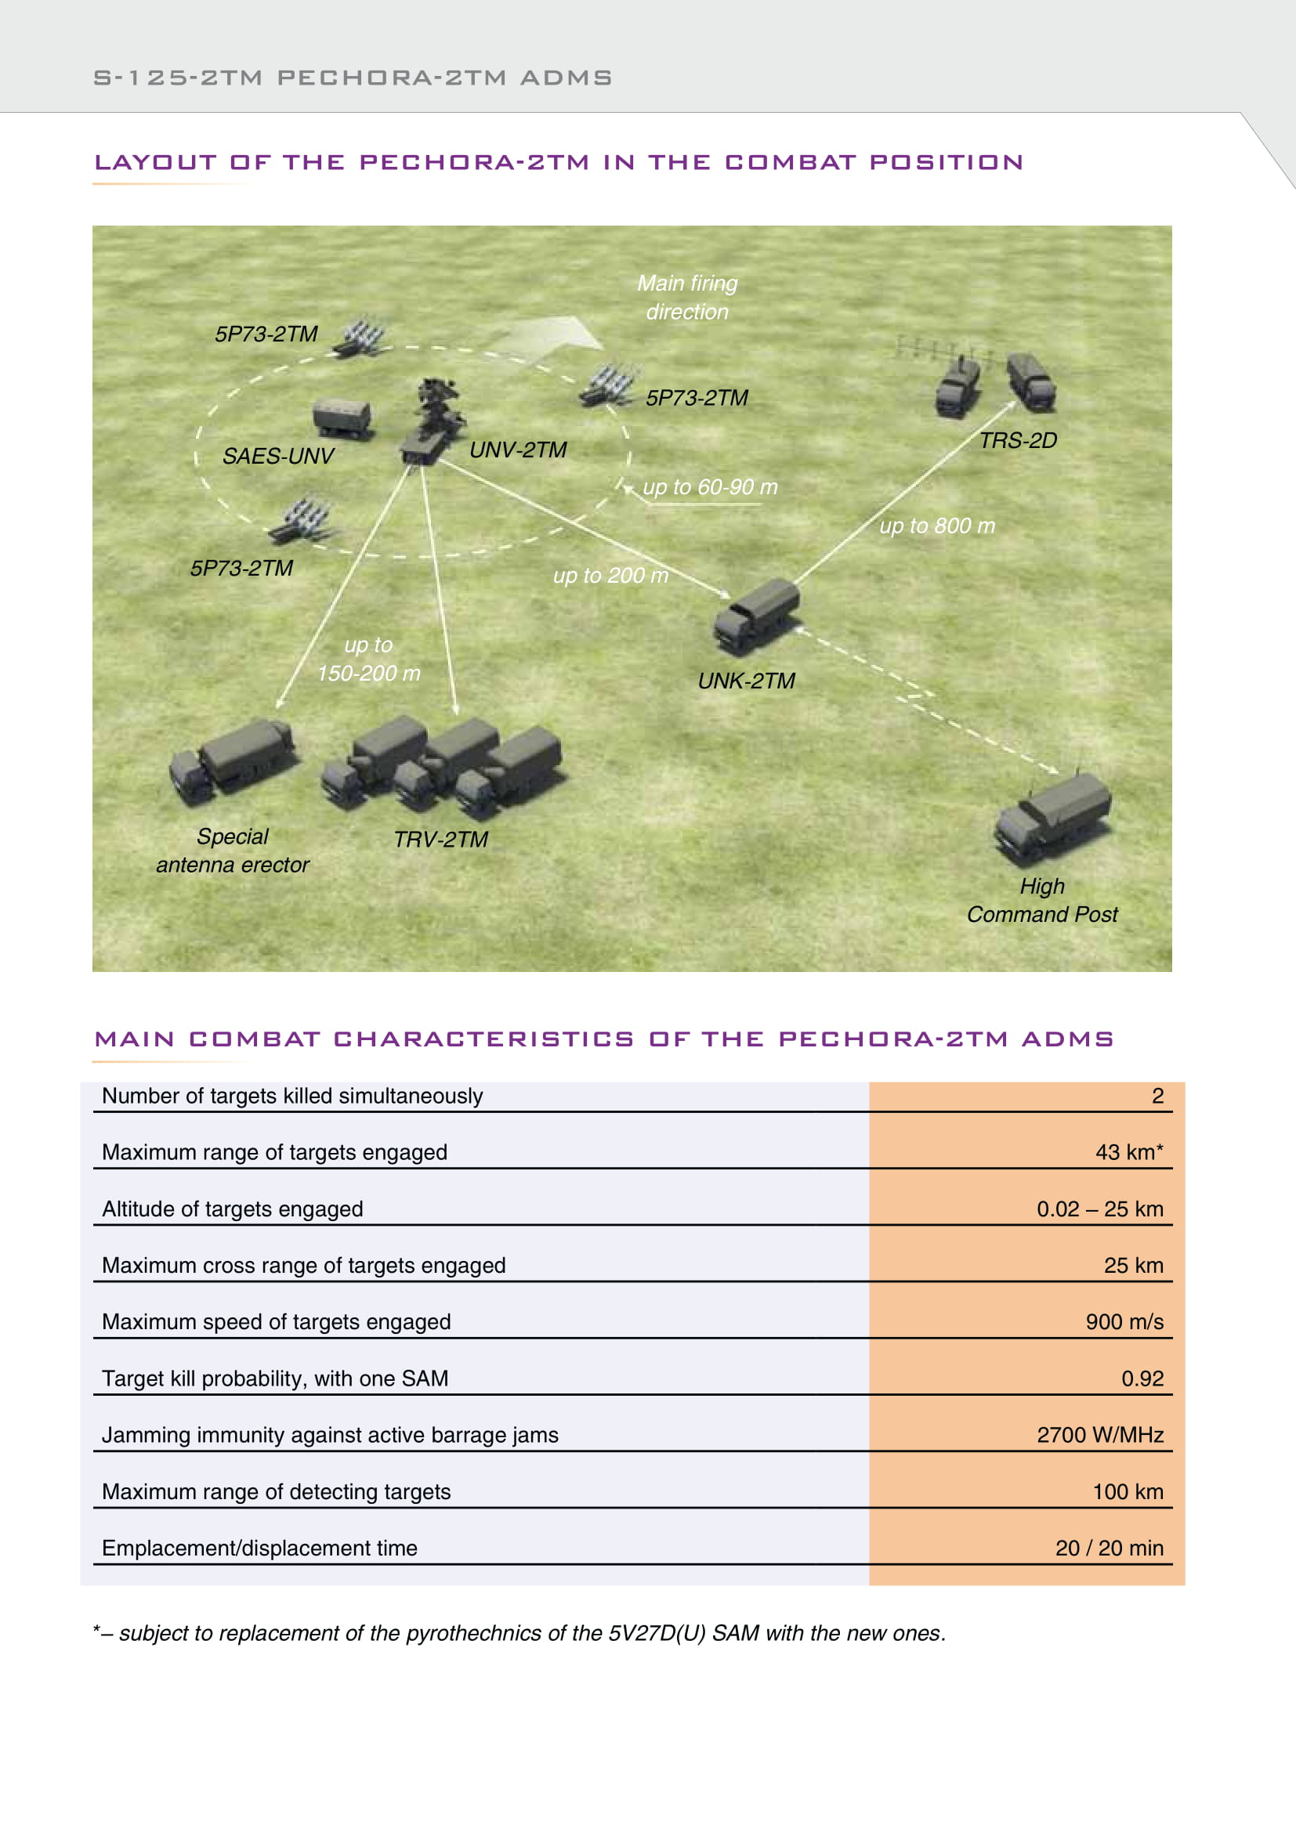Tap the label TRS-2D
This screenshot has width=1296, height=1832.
[x=1018, y=440]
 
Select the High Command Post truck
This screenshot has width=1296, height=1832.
[x=1052, y=817]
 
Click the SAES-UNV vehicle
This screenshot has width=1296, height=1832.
[x=342, y=417]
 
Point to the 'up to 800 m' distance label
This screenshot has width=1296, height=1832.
[x=937, y=526]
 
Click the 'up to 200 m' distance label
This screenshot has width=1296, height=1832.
[x=610, y=576]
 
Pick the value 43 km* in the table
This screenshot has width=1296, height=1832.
[x=1128, y=1152]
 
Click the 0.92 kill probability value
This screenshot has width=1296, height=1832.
[x=1142, y=1379]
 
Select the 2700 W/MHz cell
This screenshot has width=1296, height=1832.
[x=1099, y=1436]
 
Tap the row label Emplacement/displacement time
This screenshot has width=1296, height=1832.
[x=259, y=1548]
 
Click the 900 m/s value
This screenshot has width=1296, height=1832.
[x=1124, y=1322]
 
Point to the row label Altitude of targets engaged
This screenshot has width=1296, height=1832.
[x=232, y=1209]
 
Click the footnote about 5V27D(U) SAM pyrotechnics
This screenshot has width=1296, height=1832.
[x=519, y=1633]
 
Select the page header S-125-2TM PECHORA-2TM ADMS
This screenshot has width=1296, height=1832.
[x=353, y=78]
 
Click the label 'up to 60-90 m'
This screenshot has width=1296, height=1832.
[x=709, y=486]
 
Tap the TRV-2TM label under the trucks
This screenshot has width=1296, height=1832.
[x=440, y=840]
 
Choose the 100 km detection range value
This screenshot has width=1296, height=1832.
[x=1127, y=1492]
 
